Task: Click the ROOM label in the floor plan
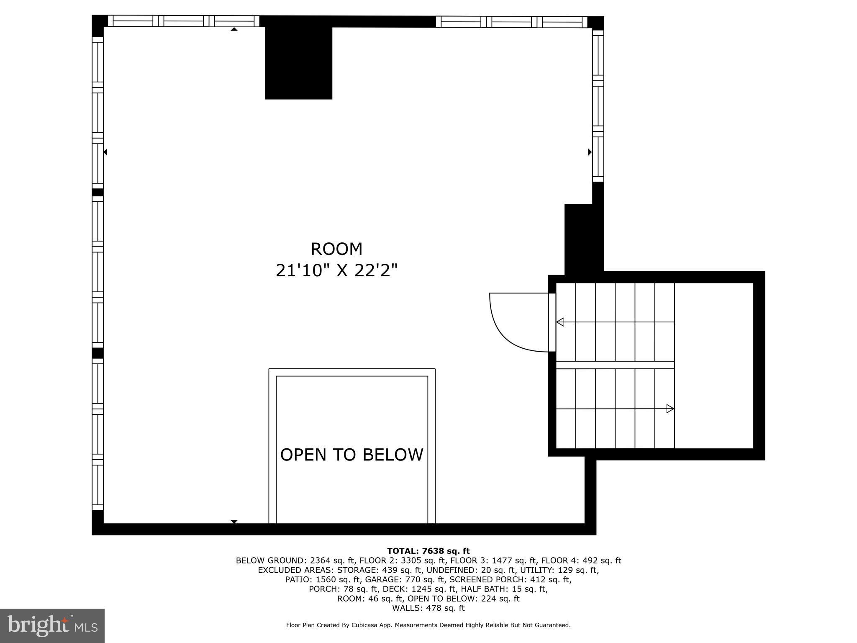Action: (336, 249)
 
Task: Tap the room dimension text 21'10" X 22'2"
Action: (336, 270)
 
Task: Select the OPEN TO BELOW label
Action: (352, 455)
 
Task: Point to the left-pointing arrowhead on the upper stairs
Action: (560, 322)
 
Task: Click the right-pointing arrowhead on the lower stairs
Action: (670, 409)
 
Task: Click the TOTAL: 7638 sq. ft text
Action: (428, 551)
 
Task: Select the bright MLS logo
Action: (52, 625)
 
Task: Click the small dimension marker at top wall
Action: (234, 29)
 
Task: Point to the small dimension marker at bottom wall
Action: (234, 522)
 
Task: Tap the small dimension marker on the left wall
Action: (105, 152)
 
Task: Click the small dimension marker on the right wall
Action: (590, 152)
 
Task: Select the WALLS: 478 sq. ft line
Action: (428, 608)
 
